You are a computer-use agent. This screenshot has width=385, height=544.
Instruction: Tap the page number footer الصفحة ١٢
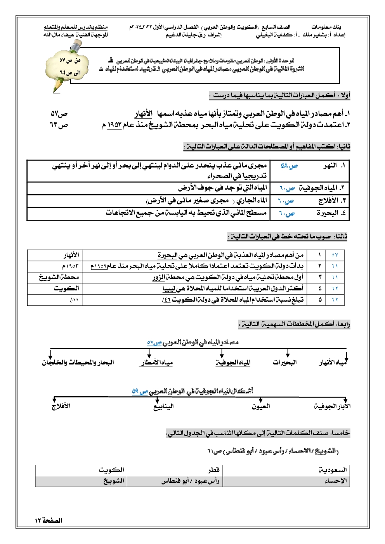(x=49, y=520)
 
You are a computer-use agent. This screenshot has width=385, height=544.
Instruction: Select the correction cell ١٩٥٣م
(x=70, y=266)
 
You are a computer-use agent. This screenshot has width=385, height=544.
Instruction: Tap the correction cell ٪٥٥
(x=74, y=299)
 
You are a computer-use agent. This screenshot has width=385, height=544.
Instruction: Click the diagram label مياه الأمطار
(x=157, y=363)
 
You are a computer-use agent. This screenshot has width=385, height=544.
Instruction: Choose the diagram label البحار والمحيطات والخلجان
(x=78, y=363)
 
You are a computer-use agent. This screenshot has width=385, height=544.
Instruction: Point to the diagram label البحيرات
(x=284, y=362)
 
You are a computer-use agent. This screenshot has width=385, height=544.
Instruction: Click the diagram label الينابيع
(x=163, y=406)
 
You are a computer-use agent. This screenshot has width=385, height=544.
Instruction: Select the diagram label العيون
(x=261, y=406)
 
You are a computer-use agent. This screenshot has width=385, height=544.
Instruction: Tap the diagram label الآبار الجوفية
(x=332, y=406)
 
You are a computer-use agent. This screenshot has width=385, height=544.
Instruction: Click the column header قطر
(x=213, y=470)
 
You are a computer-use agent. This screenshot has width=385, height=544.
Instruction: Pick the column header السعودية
(x=333, y=470)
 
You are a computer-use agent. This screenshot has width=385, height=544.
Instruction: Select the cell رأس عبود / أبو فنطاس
(x=191, y=481)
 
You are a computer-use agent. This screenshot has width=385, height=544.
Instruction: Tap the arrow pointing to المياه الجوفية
(x=222, y=353)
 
